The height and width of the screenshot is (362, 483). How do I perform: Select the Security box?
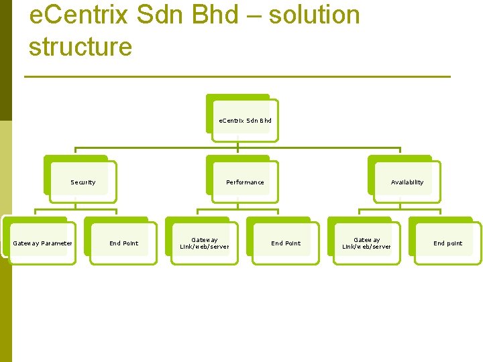point(83,182)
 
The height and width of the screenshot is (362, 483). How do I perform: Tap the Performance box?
point(245,182)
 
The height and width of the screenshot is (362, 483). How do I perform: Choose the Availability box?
point(407,182)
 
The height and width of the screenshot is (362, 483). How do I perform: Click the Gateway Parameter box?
point(42,243)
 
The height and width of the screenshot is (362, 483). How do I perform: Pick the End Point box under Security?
point(123,243)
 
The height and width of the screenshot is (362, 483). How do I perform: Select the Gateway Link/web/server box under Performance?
point(205,243)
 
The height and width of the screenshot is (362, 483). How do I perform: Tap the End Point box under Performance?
point(286,243)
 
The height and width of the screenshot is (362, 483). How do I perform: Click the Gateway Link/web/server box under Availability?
point(367,243)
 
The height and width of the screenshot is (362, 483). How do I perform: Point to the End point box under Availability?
point(447,243)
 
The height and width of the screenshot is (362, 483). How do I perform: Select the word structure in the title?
point(80,47)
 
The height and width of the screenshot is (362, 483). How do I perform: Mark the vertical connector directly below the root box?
point(238,143)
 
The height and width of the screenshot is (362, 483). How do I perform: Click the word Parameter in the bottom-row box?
point(56,243)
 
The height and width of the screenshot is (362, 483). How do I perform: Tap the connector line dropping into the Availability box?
point(400,155)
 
